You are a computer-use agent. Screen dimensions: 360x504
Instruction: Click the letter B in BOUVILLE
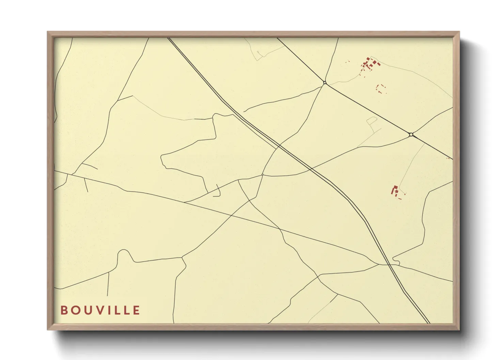coord(64,310)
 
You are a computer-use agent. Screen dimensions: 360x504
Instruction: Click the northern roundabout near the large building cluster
coord(325,83)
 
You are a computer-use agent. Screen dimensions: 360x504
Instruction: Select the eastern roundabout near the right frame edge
coord(411,135)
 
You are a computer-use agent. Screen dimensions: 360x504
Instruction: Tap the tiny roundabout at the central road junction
coord(262,175)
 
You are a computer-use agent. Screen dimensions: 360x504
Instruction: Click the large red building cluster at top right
coord(369,64)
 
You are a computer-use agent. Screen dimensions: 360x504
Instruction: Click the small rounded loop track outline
coord(372,120)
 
